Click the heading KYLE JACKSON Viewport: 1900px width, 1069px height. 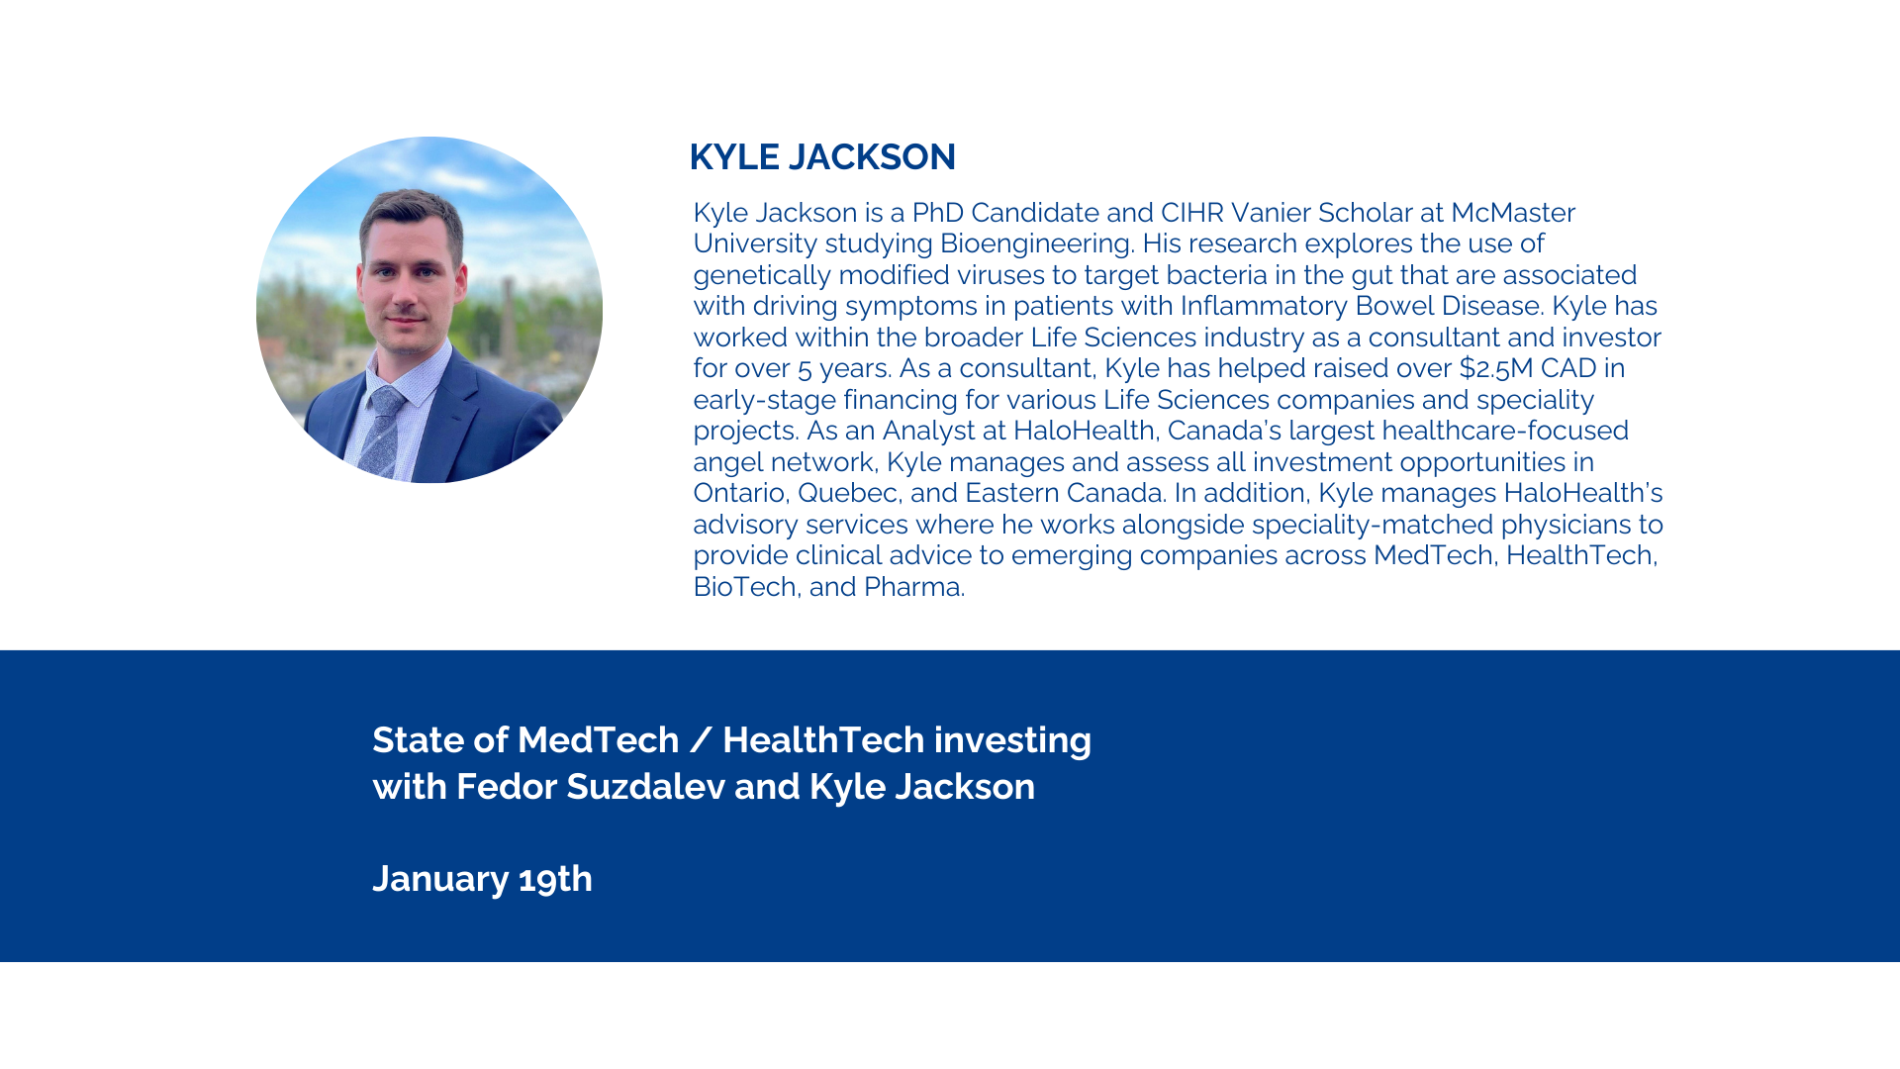point(822,156)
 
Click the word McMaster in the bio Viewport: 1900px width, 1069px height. point(1513,213)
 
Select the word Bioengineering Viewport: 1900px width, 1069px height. point(1035,243)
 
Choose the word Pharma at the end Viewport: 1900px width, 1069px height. point(912,587)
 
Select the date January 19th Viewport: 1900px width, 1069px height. point(482,879)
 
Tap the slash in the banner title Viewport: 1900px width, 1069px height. point(701,740)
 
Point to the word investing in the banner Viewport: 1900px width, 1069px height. point(1012,740)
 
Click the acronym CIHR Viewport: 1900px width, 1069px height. point(1191,213)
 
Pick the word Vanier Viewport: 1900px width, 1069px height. point(1271,213)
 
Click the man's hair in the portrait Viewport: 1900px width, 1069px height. point(410,211)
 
